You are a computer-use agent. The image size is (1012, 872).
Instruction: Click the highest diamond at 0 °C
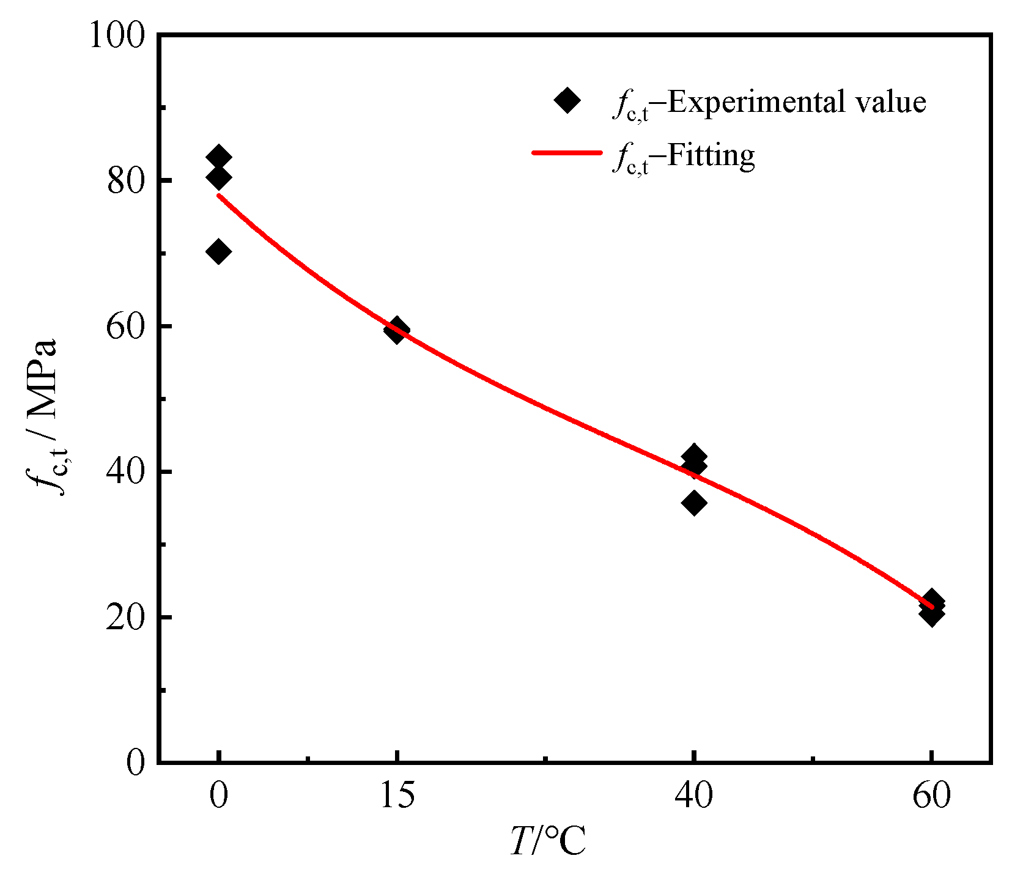218,157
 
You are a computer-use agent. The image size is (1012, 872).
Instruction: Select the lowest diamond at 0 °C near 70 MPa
218,251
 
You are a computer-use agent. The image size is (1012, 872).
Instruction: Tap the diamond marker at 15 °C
397,330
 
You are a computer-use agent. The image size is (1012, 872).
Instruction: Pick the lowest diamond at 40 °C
693,503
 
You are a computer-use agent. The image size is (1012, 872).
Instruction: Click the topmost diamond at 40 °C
693,456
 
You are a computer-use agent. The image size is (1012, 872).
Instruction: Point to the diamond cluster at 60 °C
931,607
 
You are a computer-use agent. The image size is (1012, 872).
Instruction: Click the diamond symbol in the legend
567,100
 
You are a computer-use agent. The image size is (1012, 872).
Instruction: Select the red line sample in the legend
567,153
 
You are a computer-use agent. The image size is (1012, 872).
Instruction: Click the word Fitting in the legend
711,155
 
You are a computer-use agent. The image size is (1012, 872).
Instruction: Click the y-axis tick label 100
117,35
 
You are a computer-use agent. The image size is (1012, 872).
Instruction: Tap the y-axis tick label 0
136,763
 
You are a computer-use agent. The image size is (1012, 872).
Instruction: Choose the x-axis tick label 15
397,796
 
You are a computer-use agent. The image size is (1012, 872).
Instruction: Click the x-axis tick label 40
693,796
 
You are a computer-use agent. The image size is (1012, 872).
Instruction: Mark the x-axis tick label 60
931,796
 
